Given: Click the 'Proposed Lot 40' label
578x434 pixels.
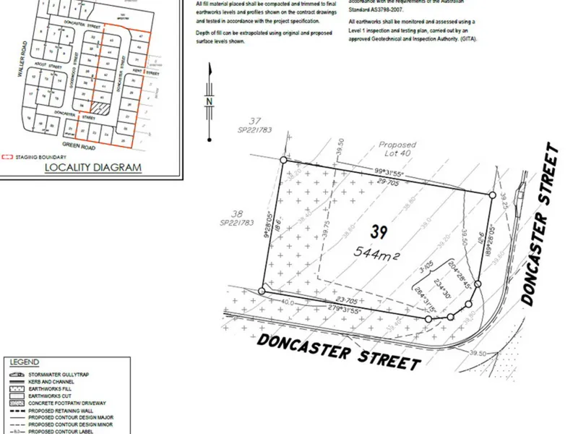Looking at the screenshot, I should (x=398, y=149).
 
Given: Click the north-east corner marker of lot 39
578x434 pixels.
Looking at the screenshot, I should (x=493, y=195).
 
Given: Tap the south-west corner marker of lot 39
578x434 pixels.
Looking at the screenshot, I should (x=262, y=292).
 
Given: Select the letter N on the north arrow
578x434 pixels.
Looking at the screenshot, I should (x=209, y=102).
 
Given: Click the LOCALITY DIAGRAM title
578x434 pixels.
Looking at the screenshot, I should (x=92, y=168).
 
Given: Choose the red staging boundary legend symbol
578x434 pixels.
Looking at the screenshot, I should (x=8, y=157).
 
